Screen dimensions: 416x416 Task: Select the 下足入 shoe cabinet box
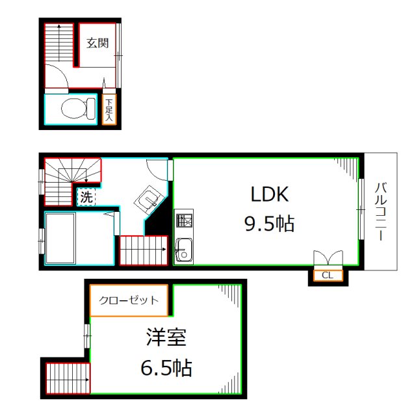coord(109,110)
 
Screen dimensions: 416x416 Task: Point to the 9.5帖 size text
coord(269,224)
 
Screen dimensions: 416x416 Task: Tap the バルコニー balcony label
coord(380,212)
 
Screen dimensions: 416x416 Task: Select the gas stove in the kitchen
coord(183,221)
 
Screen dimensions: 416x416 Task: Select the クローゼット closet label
coord(129,300)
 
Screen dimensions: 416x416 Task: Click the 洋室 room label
coord(166,338)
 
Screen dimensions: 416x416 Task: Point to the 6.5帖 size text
coord(166,369)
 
